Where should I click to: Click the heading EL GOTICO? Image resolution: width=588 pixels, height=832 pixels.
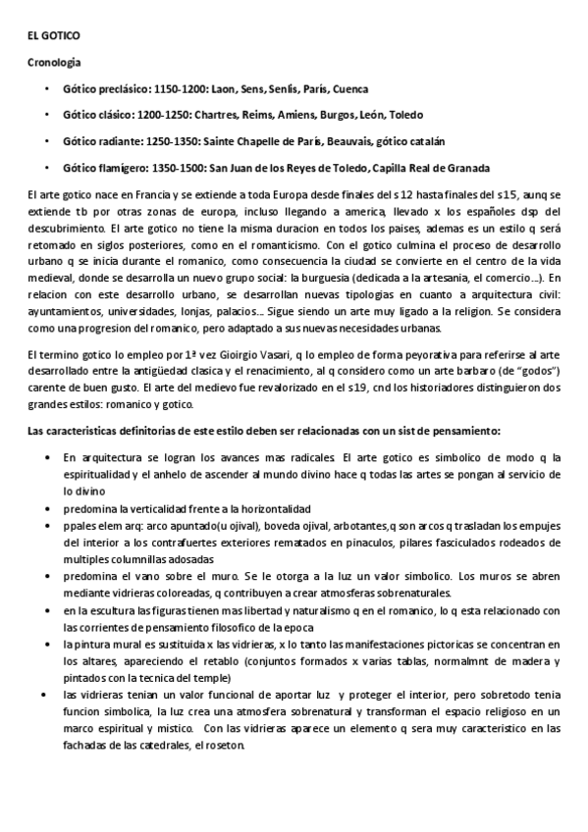[x=54, y=36]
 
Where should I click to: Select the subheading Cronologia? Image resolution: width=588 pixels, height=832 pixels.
[x=54, y=62]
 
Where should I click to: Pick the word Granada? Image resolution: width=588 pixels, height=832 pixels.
[x=467, y=166]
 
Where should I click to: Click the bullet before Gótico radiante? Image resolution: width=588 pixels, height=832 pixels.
[x=46, y=140]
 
